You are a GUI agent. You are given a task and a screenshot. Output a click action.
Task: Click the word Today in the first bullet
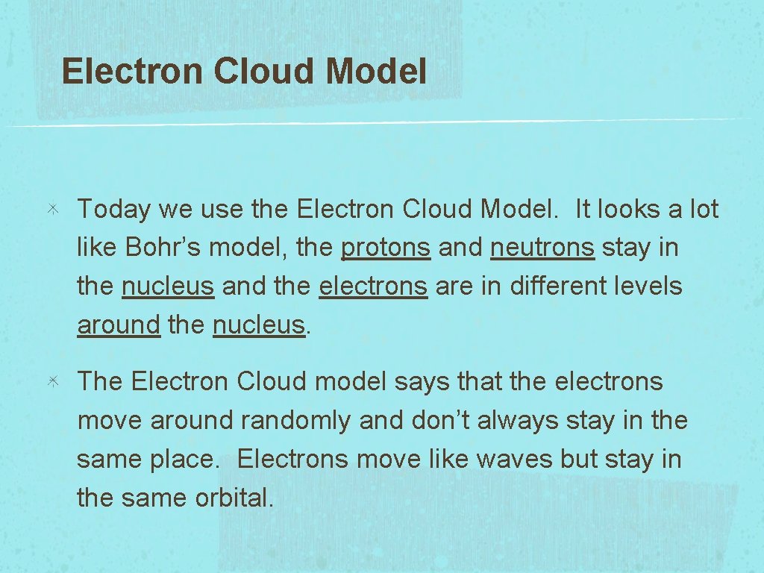[114, 210]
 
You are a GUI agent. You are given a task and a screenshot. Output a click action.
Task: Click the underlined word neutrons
[542, 248]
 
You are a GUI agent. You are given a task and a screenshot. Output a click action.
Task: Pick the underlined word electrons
[373, 286]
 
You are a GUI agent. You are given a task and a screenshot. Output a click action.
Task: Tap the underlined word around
[119, 325]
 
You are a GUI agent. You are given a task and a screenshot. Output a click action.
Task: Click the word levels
[647, 286]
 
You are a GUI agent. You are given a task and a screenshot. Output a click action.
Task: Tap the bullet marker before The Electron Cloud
[54, 382]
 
